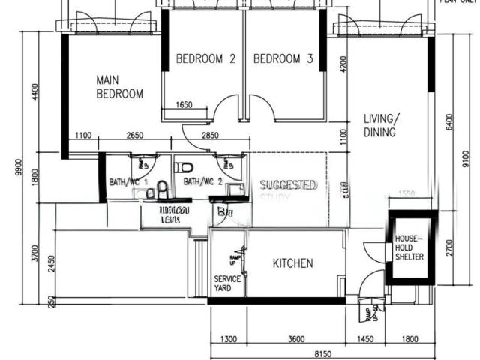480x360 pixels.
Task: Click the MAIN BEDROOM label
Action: point(119,86)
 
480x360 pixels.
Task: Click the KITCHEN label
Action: point(292,263)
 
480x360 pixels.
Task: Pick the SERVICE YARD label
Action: point(227,283)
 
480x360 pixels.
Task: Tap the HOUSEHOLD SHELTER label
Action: point(409,247)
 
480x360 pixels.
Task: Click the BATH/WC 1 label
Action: point(128,181)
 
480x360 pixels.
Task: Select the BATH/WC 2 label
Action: point(202,181)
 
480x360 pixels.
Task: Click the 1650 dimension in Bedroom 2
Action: point(184,105)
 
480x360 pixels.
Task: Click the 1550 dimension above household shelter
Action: point(406,193)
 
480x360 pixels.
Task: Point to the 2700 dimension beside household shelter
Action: point(448,247)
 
